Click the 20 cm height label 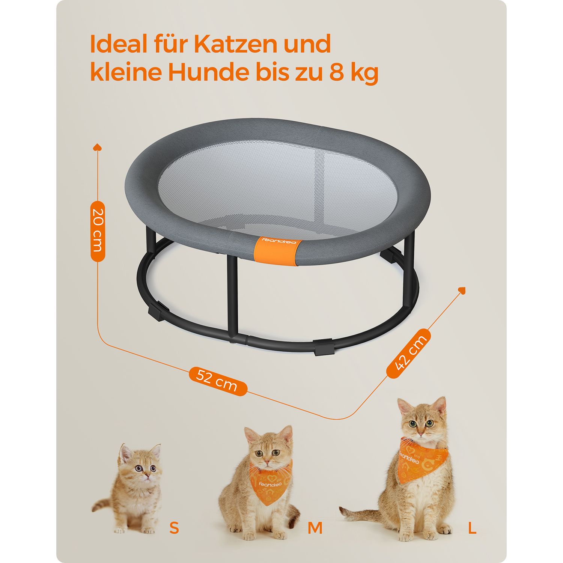tap(98, 231)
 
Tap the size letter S tap(174, 528)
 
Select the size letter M tap(315, 528)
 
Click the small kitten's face tap(143, 465)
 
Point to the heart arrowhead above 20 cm tap(98, 147)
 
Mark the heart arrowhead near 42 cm tap(462, 290)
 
